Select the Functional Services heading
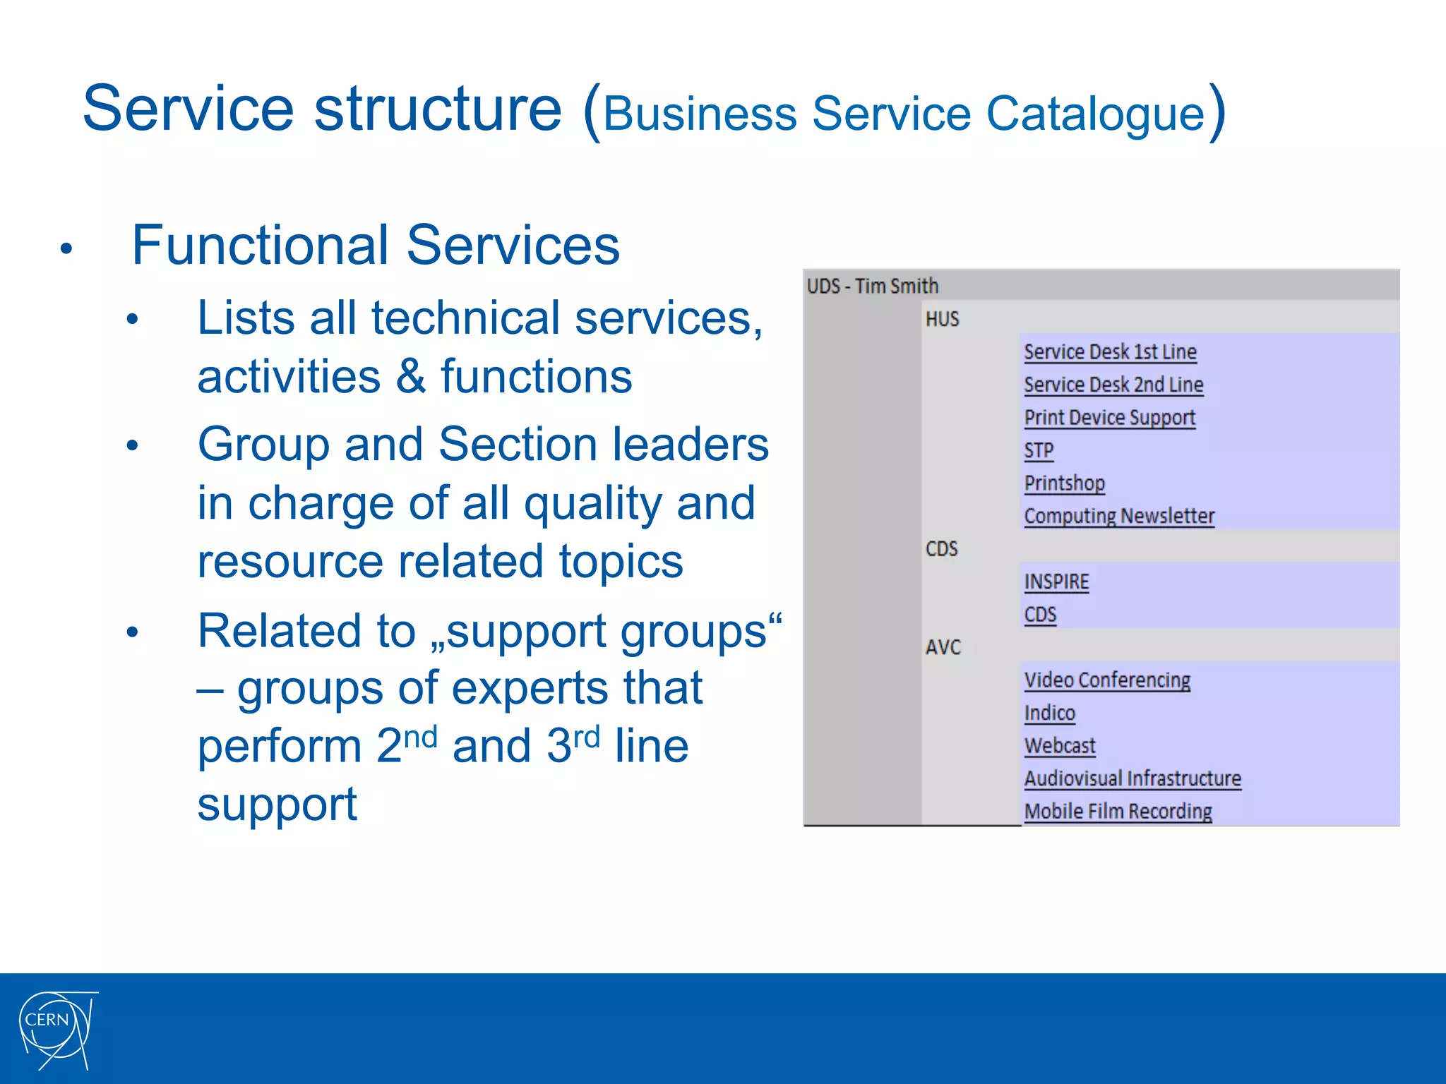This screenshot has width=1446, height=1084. (375, 245)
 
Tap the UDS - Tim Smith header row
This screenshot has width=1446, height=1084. (873, 286)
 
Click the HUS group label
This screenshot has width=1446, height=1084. (942, 319)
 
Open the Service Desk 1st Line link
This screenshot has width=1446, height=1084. (1110, 351)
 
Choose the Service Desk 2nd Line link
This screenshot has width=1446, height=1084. (1113, 385)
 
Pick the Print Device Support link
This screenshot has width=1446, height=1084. (1109, 417)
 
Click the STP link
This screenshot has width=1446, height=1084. (1039, 450)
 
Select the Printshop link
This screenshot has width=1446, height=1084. (1064, 483)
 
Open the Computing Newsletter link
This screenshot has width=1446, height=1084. (1119, 516)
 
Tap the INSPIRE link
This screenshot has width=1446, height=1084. (1056, 582)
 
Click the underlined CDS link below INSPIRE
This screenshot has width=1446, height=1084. (1040, 614)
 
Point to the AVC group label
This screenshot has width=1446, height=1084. (943, 647)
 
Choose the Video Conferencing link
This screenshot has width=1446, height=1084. (1107, 680)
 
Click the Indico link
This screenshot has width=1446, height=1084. (1049, 713)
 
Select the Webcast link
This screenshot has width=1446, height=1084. (1060, 745)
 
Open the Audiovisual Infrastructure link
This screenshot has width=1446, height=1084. (1133, 778)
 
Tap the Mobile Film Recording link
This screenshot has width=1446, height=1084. (1118, 811)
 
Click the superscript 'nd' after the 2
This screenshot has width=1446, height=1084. (421, 737)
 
